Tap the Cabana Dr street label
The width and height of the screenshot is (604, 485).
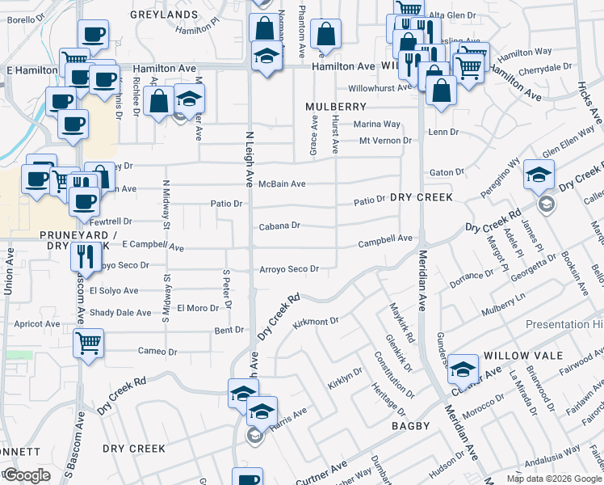click(x=279, y=226)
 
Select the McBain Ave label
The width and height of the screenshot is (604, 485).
click(x=282, y=184)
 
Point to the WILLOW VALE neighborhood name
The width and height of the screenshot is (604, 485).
click(x=517, y=356)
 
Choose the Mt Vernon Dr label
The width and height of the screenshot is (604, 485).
click(x=385, y=141)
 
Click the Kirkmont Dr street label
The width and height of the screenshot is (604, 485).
click(x=315, y=322)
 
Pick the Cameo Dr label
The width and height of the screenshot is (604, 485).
click(x=157, y=352)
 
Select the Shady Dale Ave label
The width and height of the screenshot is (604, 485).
click(x=120, y=313)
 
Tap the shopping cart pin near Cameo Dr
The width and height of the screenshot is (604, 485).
click(x=89, y=341)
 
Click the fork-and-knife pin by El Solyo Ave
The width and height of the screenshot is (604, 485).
click(x=85, y=256)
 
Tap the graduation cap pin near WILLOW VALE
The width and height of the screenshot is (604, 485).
click(x=463, y=369)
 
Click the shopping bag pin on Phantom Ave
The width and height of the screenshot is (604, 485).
click(x=326, y=34)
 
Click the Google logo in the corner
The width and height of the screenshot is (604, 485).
click(x=27, y=475)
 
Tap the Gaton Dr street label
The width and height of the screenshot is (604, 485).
click(x=447, y=172)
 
